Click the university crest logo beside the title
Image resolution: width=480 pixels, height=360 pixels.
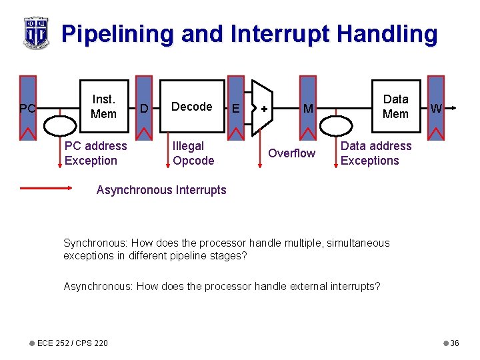(36, 32)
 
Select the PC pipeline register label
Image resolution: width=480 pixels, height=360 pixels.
(27, 107)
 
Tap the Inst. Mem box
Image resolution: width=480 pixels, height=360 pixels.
(103, 107)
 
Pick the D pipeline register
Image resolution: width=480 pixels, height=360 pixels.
(144, 107)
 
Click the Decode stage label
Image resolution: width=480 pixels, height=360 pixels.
(191, 107)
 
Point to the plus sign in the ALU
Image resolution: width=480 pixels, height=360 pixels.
(265, 108)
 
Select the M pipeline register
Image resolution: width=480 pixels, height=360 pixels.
(307, 108)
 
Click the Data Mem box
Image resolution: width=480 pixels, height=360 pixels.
(395, 107)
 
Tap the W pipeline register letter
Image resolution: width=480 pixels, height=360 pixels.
(436, 108)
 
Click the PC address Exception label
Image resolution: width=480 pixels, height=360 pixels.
(95, 153)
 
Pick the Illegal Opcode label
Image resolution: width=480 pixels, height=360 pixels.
(193, 153)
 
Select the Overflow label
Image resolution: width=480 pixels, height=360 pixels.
(291, 153)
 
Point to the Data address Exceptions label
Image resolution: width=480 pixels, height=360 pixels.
(375, 153)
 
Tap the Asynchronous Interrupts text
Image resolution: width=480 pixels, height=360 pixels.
(161, 190)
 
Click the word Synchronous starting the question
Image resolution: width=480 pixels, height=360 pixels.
(96, 243)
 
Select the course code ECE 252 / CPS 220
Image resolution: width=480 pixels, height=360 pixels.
(72, 343)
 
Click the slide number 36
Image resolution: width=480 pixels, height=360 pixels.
(454, 343)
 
